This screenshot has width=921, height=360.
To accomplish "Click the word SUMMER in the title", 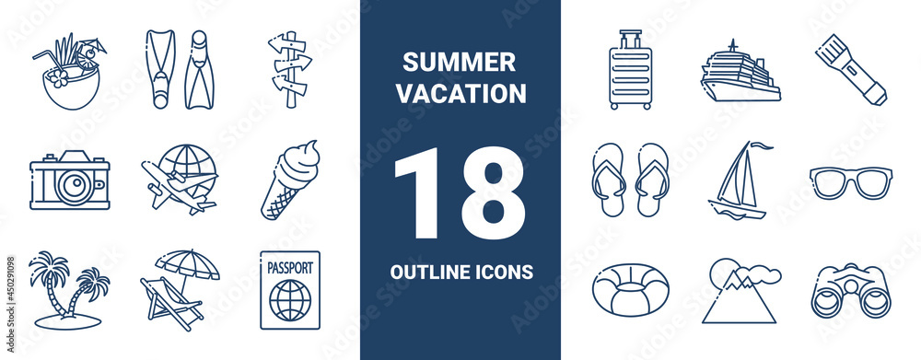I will [459, 64].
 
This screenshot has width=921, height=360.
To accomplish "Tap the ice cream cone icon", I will [289, 180].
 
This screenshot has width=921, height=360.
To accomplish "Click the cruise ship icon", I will [740, 73].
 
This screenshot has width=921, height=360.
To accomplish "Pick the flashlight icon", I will [850, 69].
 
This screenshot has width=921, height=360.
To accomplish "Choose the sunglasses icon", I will [850, 181].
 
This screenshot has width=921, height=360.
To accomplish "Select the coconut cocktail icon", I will [70, 74].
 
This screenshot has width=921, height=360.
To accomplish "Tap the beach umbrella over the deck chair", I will [188, 263].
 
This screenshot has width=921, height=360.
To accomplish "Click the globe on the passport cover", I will [290, 299].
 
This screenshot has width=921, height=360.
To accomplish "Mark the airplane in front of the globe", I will [179, 188].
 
